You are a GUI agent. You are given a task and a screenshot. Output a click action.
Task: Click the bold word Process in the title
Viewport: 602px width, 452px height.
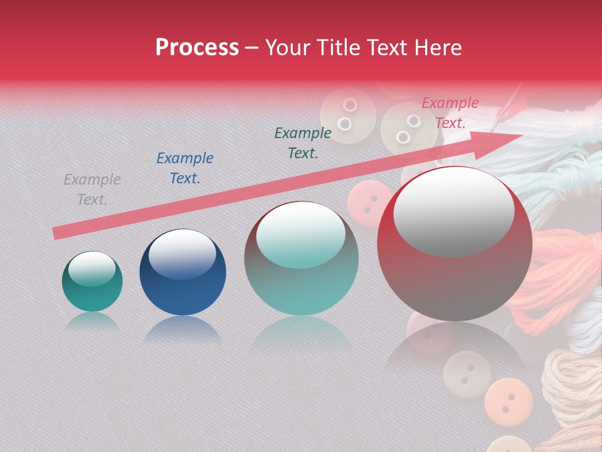point(197,48)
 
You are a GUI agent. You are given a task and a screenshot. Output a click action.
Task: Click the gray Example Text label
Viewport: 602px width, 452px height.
point(92,190)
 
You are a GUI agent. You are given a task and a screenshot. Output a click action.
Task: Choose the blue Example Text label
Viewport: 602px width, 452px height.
point(184,168)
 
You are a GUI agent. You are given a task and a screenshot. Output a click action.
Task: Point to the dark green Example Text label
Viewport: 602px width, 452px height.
point(303,143)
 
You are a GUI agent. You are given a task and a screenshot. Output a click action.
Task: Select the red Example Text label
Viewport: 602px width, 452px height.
point(450,113)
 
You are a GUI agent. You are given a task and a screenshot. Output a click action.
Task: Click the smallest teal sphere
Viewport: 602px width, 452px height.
point(92,282)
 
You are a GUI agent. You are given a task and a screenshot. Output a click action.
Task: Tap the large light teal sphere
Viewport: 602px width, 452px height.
point(301,259)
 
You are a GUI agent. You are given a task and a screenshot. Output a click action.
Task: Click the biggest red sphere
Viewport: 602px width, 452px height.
point(455,245)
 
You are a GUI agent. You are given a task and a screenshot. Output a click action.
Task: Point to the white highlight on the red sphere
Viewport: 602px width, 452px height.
point(453,210)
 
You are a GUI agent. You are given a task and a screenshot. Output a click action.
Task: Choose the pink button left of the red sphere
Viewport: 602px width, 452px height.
point(369,201)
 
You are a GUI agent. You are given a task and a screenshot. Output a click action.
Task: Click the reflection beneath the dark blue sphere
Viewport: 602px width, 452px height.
point(182,330)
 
